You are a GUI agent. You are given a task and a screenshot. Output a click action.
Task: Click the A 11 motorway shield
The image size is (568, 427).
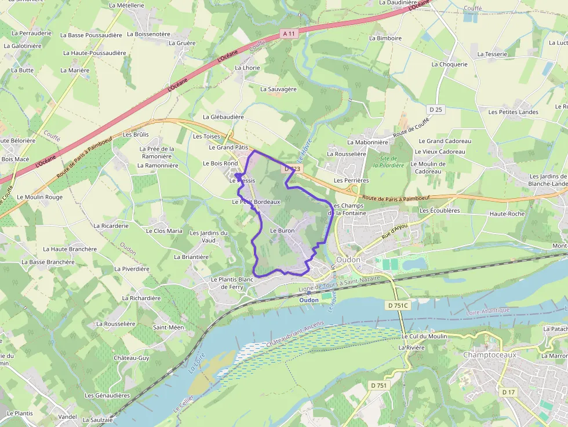coord(289,34)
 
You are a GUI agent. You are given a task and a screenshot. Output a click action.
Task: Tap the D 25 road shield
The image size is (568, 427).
coord(436,110)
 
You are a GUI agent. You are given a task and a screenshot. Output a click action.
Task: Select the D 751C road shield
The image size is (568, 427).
coord(398,305)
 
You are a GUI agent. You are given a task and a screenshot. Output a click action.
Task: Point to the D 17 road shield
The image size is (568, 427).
coord(508,392)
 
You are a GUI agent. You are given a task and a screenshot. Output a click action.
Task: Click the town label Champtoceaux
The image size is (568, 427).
coord(489,355)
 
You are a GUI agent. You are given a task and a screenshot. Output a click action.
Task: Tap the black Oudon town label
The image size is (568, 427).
coord(348,260)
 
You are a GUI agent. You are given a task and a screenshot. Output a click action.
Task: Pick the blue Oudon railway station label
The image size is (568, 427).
coord(309,300)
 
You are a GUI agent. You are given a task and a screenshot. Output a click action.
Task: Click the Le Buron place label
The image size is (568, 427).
coord(282,231)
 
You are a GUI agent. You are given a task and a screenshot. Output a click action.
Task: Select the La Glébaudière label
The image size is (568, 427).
coord(223,116)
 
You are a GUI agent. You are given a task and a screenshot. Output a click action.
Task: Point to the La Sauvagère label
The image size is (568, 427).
coord(278,89)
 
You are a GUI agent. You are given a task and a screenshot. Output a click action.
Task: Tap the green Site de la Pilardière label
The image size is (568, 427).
coord(388,162)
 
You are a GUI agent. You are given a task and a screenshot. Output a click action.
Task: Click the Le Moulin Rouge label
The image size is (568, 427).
coord(39,197)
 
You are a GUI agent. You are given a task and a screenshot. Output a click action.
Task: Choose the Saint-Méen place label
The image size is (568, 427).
coord(168,327)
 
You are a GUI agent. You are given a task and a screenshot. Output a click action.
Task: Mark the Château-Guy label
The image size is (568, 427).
coord(132,358)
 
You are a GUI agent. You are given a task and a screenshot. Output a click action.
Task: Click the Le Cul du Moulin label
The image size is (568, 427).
coord(424,336)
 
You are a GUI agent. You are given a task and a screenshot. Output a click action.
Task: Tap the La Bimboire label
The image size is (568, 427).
coord(385,38)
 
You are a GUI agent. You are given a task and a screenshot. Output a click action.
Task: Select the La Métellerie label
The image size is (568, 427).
coord(126,5)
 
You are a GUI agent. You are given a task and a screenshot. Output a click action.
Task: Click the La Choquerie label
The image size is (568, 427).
coord(449,64)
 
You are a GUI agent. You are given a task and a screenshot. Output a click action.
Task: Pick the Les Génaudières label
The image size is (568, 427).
coord(107,395)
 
